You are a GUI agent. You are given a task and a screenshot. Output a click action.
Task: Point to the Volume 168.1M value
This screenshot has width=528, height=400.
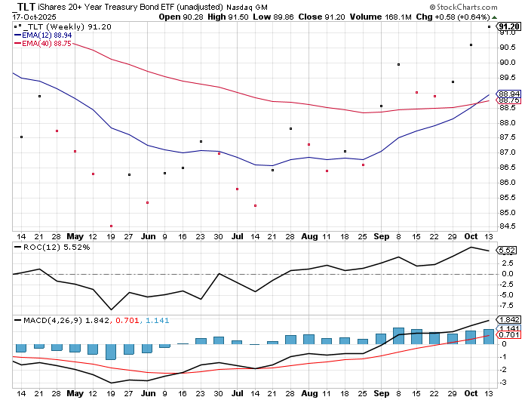[413, 17]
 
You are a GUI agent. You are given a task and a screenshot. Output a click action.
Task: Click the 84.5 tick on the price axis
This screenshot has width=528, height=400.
[508, 226]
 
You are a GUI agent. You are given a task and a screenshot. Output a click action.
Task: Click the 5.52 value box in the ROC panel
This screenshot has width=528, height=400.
[508, 251]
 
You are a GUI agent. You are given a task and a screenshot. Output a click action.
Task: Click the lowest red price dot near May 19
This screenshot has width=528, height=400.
[111, 226]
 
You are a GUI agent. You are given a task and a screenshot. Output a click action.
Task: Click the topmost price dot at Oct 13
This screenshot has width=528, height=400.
[489, 27]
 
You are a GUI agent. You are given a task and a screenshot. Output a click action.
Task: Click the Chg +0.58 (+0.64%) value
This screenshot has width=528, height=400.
[474, 17]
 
